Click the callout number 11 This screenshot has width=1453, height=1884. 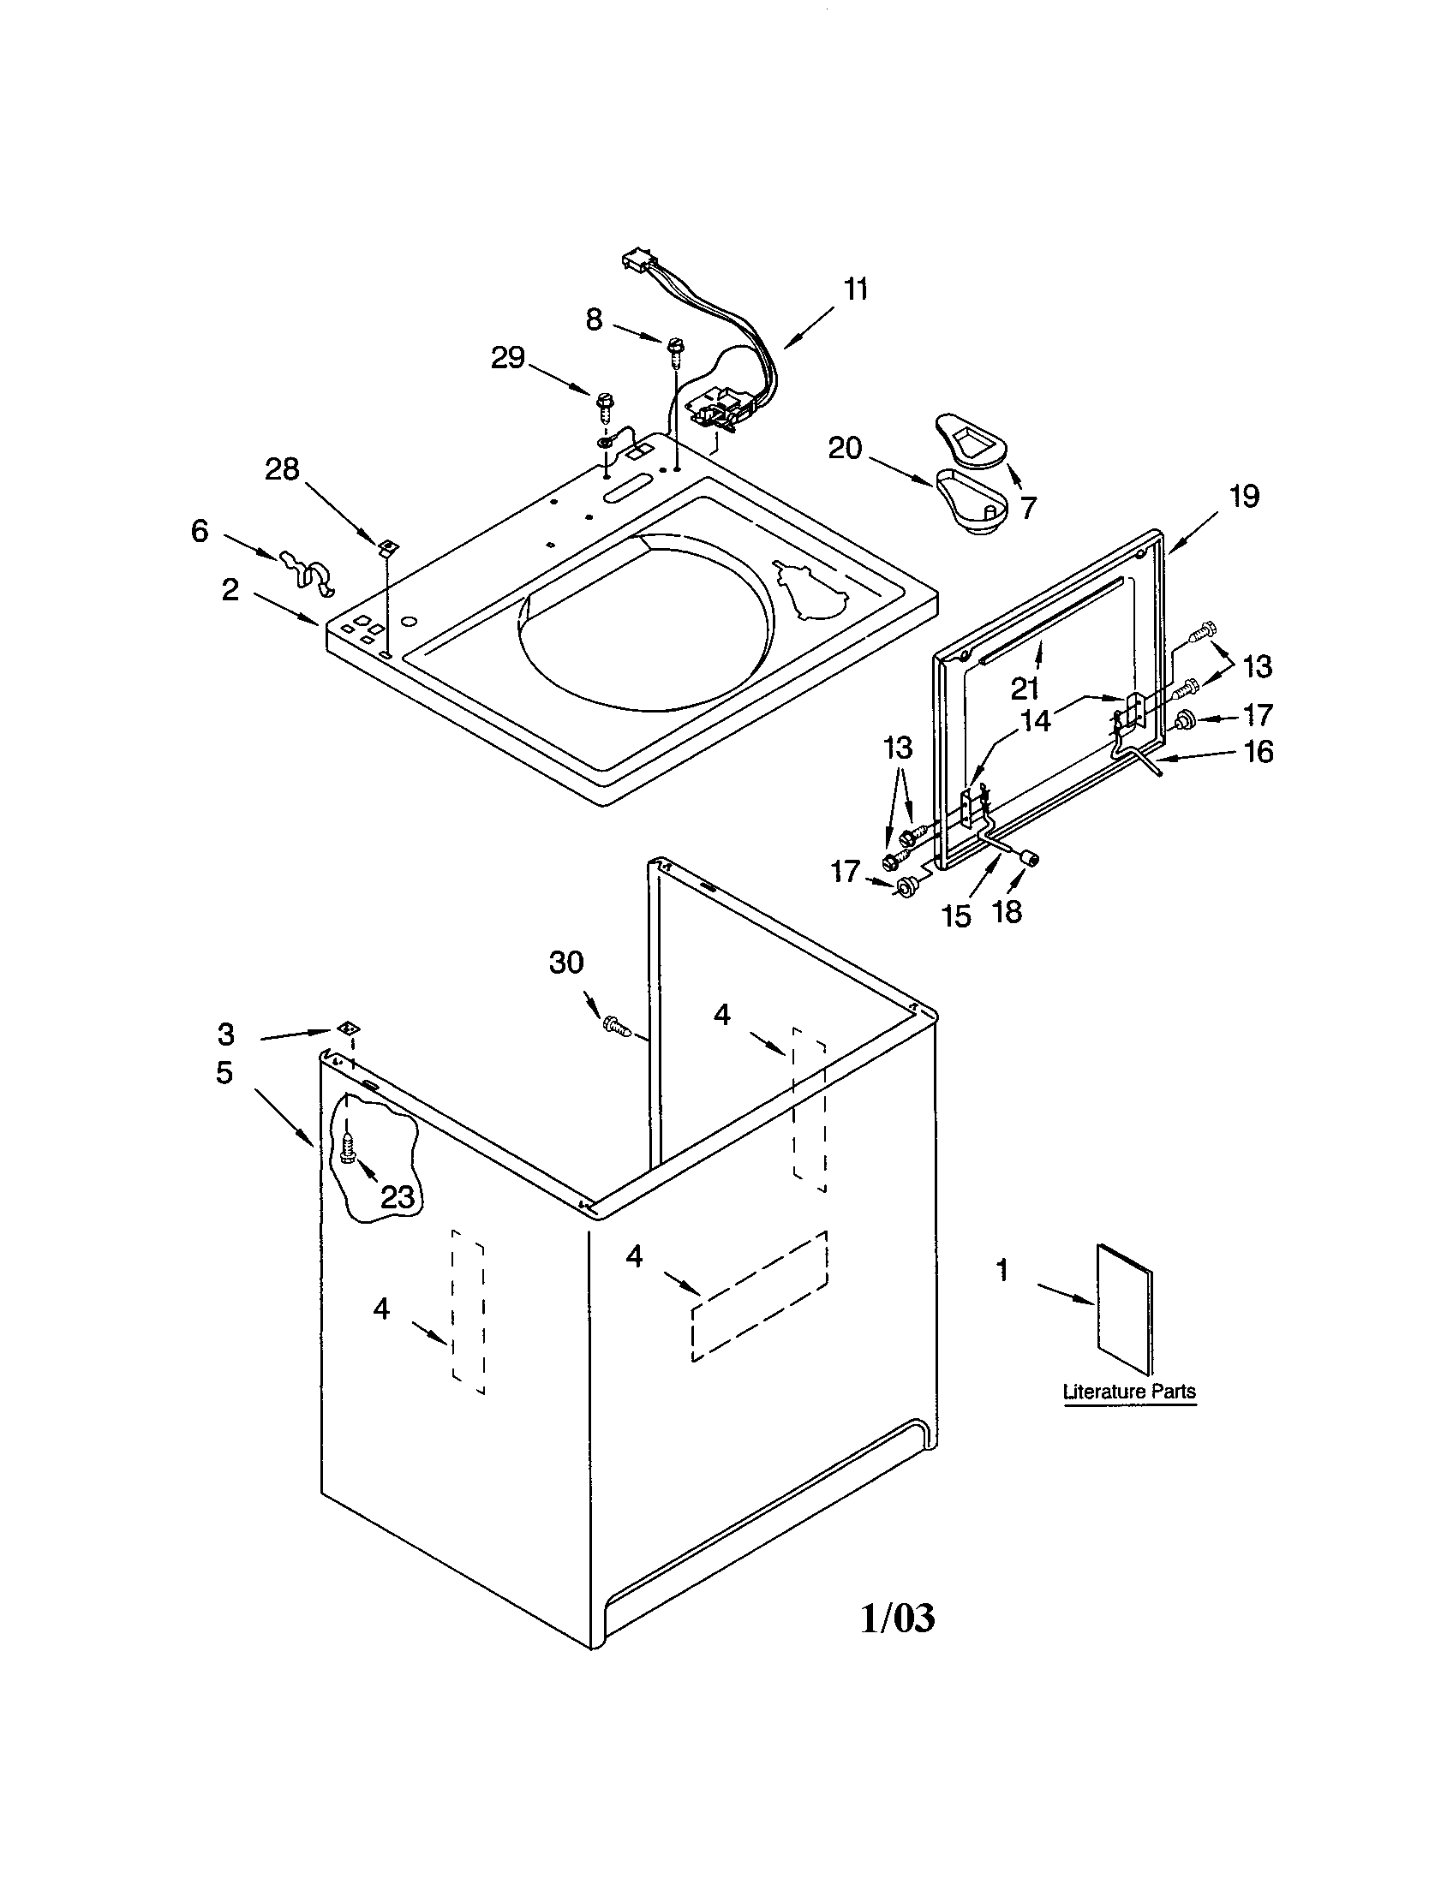coord(855,290)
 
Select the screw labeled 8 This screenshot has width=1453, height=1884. coord(673,349)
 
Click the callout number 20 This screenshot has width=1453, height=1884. coord(845,449)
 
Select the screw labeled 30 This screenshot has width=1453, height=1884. coord(616,1026)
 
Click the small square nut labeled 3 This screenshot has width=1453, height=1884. coord(348,1028)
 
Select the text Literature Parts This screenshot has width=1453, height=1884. coord(1128,1392)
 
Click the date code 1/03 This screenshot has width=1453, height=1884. coord(897,1619)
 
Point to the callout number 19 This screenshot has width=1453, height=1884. coord(1244,497)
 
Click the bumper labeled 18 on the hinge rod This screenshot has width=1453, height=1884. coord(1028,856)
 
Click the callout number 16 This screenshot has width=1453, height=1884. coord(1259,752)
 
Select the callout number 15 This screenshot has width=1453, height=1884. coord(956,916)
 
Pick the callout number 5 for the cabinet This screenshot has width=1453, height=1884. coord(224,1073)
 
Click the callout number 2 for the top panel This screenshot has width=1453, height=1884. coord(230,591)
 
